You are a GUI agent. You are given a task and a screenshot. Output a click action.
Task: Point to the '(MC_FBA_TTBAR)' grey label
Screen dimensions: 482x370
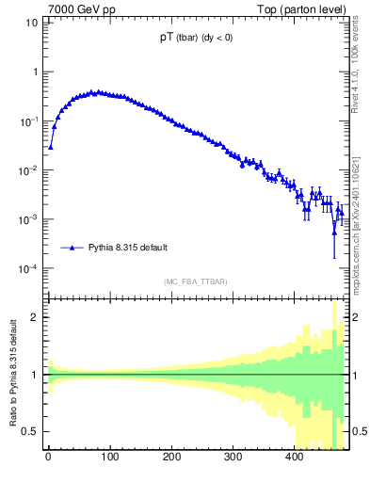pos(195,281)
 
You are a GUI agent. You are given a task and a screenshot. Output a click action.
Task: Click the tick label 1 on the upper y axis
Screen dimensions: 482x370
pos(34,72)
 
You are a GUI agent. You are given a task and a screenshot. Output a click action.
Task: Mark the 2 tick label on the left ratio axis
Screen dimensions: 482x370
pos(34,317)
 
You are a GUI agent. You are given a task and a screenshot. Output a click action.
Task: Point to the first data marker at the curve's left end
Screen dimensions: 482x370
pos(51,147)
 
